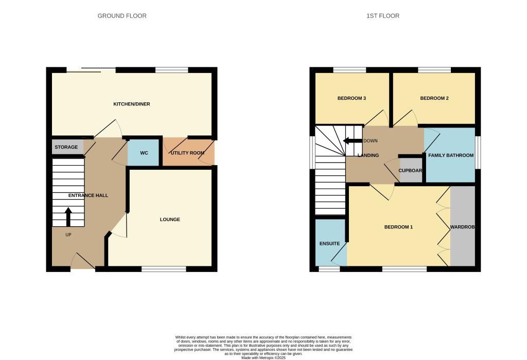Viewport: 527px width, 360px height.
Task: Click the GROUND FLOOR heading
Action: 122,16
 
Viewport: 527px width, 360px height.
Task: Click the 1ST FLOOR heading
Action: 383,16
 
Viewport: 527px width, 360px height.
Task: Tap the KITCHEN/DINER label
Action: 132,104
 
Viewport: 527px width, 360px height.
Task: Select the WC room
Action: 144,153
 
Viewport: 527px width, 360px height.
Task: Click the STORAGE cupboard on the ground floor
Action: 67,147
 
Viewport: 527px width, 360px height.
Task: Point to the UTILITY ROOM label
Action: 187,153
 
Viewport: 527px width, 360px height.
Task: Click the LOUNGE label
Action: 170,219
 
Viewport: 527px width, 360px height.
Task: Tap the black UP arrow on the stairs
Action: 68,217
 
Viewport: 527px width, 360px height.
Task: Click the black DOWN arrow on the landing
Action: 352,141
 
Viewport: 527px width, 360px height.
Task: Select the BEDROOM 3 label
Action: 352,98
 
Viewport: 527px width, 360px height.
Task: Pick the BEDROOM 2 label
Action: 434,98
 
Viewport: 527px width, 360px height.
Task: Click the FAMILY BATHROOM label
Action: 451,155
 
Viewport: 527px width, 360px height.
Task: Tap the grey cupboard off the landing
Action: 411,171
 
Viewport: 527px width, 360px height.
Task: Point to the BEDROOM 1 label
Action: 399,227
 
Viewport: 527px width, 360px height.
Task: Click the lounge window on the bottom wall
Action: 164,269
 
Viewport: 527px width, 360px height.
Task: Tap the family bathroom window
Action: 478,152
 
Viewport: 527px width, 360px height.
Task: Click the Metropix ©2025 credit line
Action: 263,358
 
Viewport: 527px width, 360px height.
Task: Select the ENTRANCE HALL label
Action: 88,195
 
